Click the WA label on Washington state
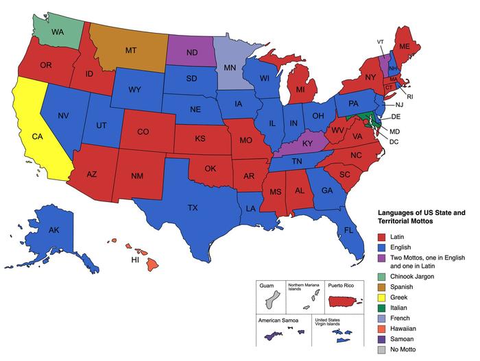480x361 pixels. pos(57,32)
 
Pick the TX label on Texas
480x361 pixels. pos(193,207)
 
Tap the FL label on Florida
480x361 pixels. pos(348,230)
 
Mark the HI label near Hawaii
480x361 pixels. pos(136,260)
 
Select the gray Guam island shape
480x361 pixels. pos(274,299)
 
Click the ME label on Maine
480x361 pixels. pos(405,46)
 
